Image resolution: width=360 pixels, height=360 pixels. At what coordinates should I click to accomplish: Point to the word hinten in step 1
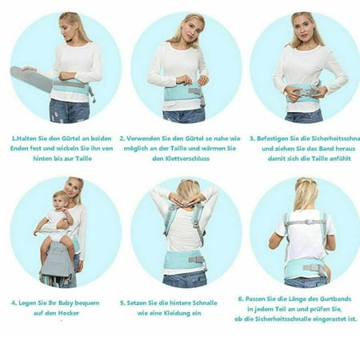click(x=42, y=158)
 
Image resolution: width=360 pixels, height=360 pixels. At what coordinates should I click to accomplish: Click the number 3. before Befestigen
click(x=252, y=138)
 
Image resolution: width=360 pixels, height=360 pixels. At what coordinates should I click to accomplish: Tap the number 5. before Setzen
click(x=122, y=303)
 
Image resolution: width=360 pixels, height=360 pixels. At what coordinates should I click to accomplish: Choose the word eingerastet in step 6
click(x=330, y=319)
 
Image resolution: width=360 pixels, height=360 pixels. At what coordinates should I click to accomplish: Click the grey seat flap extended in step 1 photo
click(x=31, y=78)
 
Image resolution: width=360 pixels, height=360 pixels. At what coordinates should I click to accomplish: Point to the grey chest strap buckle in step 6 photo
click(x=310, y=222)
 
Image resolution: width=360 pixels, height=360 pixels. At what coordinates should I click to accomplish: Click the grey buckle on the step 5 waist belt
click(x=197, y=259)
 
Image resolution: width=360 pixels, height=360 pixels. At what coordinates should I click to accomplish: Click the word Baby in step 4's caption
click(x=66, y=303)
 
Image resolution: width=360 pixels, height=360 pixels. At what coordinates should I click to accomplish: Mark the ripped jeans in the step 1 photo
click(x=69, y=111)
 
